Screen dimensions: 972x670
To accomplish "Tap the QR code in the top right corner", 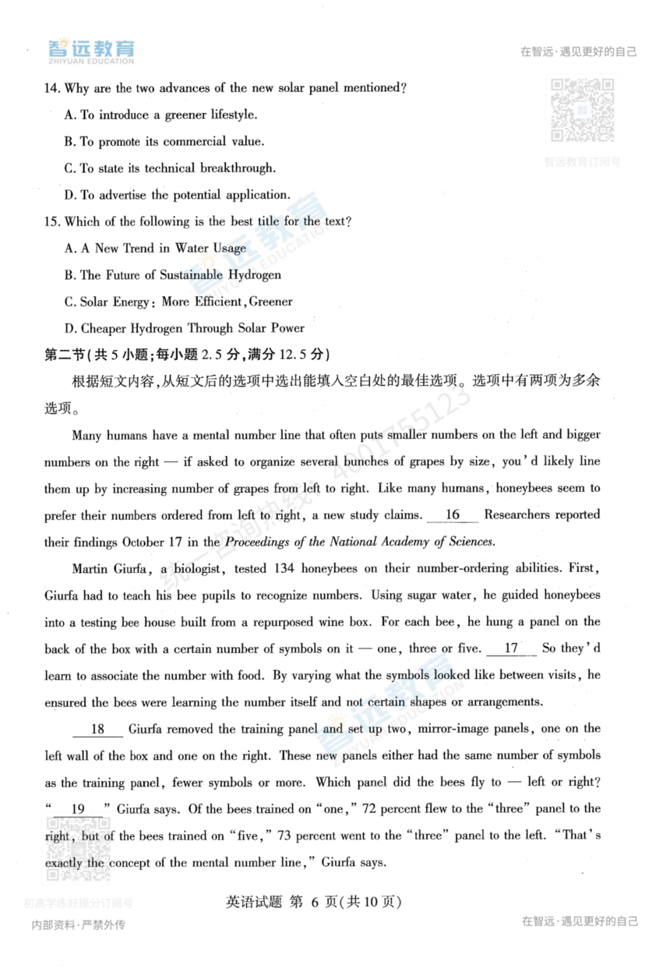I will (x=582, y=110).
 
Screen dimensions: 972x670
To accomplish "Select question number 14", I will (x=52, y=88).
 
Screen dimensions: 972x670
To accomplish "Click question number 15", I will (x=52, y=221).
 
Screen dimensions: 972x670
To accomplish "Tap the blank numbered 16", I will (x=453, y=515).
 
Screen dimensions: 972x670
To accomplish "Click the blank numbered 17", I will (x=511, y=649).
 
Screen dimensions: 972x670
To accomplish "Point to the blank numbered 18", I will (x=97, y=730).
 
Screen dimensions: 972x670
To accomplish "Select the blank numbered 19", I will (x=78, y=810).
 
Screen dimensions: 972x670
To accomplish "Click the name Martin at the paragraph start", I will (x=92, y=568).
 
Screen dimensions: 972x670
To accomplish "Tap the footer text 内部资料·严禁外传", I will (x=78, y=925).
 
